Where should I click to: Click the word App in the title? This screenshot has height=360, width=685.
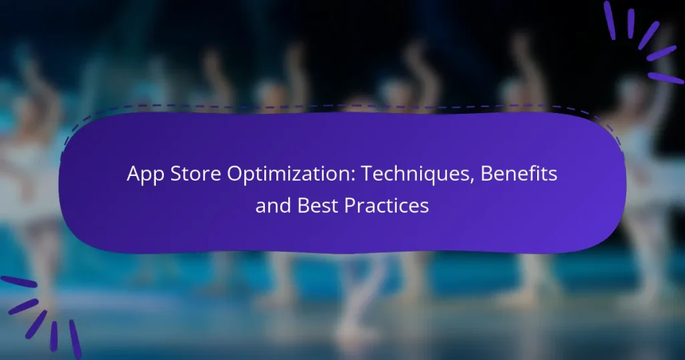click(142, 176)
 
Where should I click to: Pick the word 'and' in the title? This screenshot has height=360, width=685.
click(270, 205)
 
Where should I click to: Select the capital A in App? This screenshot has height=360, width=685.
click(134, 175)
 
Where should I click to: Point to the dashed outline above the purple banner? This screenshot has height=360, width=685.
click(334, 106)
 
